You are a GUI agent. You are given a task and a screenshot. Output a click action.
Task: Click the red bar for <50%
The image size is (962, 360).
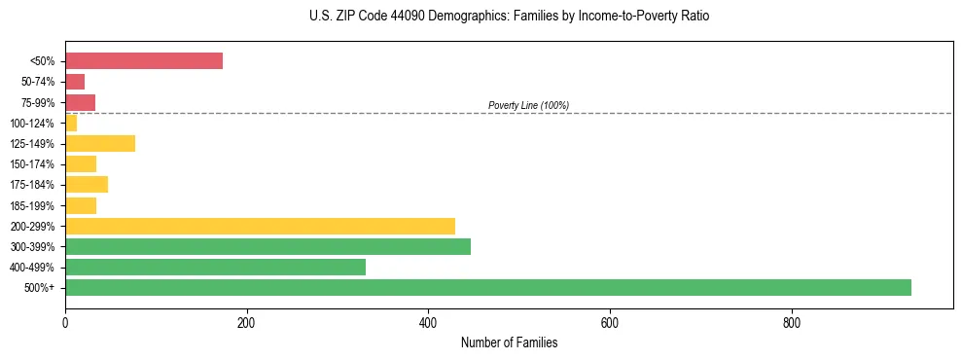(144, 61)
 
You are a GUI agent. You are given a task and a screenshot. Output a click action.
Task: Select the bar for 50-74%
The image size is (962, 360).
(75, 82)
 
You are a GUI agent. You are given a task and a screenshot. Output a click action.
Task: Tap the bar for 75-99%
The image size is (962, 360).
(80, 102)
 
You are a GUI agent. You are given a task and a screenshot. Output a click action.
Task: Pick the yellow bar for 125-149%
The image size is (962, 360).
(100, 144)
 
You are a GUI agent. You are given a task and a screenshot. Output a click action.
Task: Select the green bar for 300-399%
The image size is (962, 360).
(267, 246)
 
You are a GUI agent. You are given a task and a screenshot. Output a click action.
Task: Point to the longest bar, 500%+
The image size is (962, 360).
(488, 287)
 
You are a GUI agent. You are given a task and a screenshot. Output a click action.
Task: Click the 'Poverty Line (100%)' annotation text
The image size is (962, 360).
(528, 105)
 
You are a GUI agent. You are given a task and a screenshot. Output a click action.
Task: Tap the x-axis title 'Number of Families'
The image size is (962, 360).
(509, 343)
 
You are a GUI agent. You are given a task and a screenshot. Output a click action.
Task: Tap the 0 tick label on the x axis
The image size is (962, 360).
(65, 322)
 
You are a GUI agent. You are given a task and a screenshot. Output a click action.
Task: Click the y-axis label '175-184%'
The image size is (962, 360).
(32, 185)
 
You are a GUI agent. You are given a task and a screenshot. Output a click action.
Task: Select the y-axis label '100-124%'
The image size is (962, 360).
(32, 124)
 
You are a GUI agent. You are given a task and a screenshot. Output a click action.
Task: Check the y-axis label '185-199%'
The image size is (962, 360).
(32, 205)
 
